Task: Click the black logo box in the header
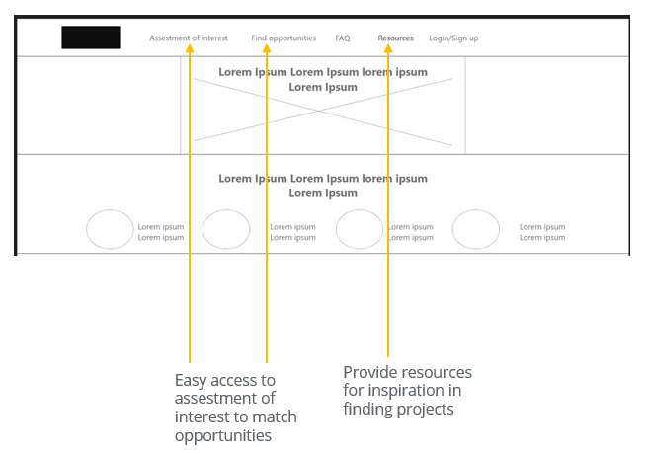pos(91,38)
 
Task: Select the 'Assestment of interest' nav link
pos(188,38)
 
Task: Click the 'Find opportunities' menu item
pos(284,38)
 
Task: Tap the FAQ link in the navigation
pos(342,38)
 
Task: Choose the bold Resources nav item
pos(395,38)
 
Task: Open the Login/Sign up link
pos(453,38)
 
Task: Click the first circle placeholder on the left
pos(110,229)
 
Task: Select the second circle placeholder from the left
pos(226,229)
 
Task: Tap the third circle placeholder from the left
pos(360,229)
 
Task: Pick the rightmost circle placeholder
pos(476,229)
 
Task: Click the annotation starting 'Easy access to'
pos(235,408)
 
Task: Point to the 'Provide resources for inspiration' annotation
pos(407,390)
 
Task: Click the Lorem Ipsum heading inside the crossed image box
pos(323,79)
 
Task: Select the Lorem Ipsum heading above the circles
pos(323,186)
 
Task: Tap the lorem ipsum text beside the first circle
pos(160,232)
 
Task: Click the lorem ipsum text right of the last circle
pos(542,232)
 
